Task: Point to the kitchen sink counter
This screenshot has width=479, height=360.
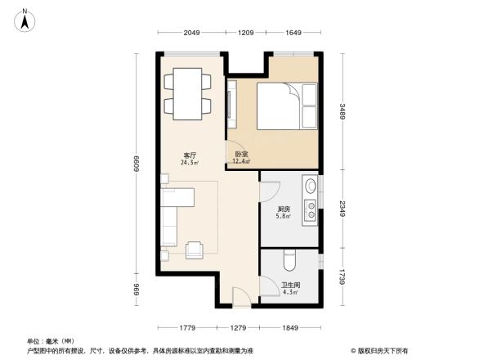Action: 310,200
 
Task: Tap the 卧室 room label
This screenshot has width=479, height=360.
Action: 241,155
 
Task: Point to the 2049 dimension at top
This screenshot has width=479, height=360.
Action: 191,34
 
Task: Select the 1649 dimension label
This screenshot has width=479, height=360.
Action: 293,34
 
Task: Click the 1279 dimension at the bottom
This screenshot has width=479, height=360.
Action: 238,328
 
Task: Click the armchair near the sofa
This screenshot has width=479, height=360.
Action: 195,249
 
